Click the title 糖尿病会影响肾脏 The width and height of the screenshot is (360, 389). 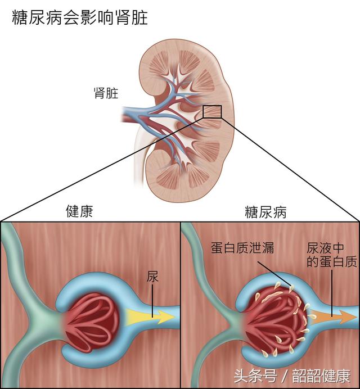[80, 17]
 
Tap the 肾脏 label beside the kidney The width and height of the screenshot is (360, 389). [106, 93]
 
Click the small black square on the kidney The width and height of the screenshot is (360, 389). [212, 112]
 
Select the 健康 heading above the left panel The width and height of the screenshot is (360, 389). [79, 211]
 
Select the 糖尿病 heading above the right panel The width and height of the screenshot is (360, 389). [265, 212]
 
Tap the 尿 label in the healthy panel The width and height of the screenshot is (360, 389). [152, 277]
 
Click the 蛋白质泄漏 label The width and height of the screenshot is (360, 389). [242, 248]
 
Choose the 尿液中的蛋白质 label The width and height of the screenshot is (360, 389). [332, 255]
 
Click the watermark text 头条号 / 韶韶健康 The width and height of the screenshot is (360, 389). [292, 376]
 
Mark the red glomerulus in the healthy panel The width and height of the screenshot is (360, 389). [91, 322]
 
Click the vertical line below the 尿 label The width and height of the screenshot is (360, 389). [152, 301]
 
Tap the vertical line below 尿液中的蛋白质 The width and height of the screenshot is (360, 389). [332, 293]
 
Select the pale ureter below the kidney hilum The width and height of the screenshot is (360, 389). [139, 159]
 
